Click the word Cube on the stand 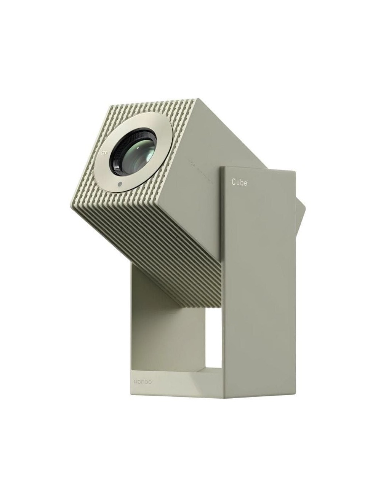pos(239,182)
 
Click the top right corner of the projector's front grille pos(197,100)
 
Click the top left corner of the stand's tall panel pos(221,166)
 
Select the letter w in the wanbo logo pos(136,381)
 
